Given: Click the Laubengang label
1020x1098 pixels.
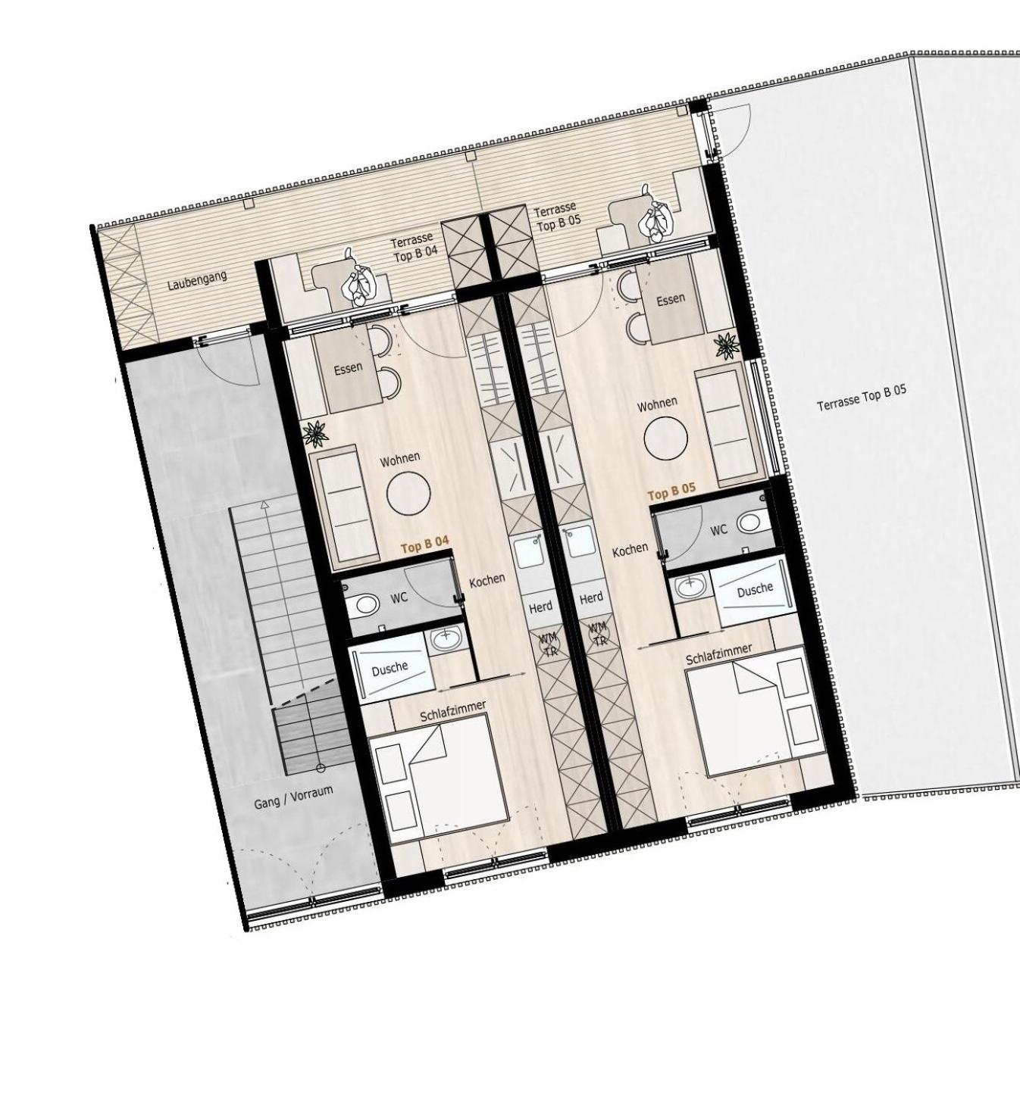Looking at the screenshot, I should tap(197, 280).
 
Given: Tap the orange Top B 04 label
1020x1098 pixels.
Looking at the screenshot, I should tap(425, 544).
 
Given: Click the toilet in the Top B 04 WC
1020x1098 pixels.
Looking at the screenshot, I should tap(365, 604).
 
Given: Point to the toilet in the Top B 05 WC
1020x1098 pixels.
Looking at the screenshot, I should tap(752, 521).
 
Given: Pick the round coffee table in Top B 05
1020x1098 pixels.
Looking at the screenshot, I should tap(665, 438).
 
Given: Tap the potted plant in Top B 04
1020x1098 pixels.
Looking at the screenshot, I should tap(315, 434).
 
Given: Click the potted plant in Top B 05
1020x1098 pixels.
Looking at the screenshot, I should tap(727, 345).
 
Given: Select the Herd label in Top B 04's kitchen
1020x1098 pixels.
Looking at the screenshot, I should tap(540, 607).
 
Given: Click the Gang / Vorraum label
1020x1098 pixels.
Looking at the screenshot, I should tap(293, 797).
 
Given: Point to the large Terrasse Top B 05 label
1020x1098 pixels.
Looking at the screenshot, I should tap(861, 398).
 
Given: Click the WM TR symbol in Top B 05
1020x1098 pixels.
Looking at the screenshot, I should tap(599, 633).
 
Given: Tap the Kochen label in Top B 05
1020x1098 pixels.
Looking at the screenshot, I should tap(630, 550).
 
